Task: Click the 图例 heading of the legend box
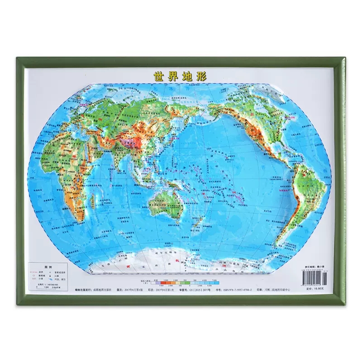point(45,266)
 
